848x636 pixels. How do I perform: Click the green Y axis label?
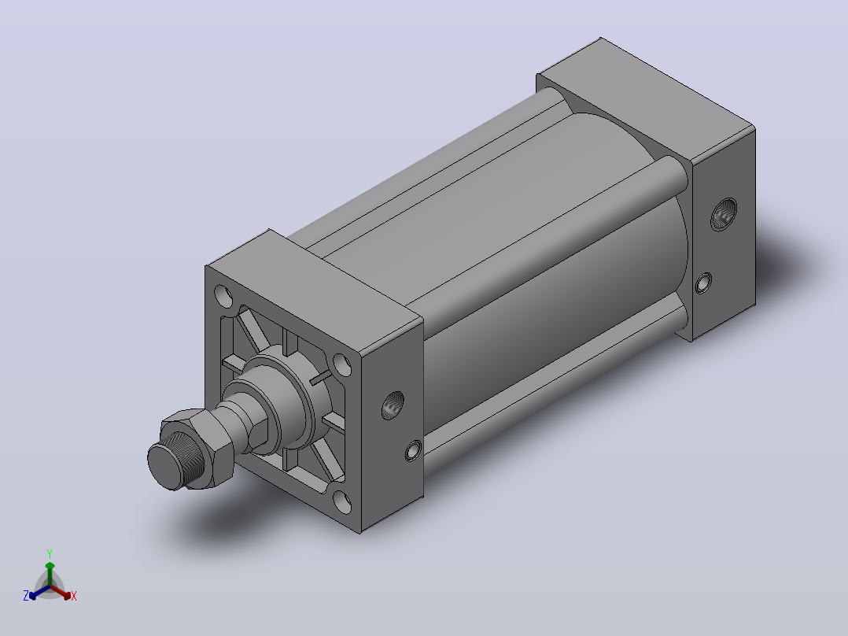50,553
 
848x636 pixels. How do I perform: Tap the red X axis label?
74,596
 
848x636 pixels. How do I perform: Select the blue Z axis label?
25,595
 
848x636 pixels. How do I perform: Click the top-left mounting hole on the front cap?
223,296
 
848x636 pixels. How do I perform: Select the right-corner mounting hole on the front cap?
341,364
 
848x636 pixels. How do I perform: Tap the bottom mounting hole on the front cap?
341,501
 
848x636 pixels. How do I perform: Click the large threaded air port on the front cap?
393,405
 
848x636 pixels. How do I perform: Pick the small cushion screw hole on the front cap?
413,451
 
